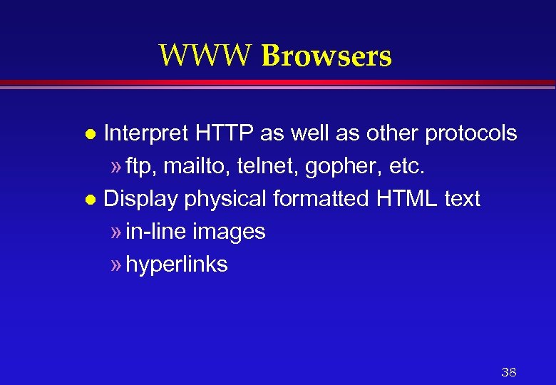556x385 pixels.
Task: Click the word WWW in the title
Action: tap(205, 55)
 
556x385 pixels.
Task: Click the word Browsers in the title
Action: tap(326, 55)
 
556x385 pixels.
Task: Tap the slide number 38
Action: tap(508, 372)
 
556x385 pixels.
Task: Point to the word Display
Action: tap(140, 199)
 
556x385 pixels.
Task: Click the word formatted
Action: tap(320, 199)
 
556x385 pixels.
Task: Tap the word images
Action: tap(228, 232)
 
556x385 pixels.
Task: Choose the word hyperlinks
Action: tap(176, 265)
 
